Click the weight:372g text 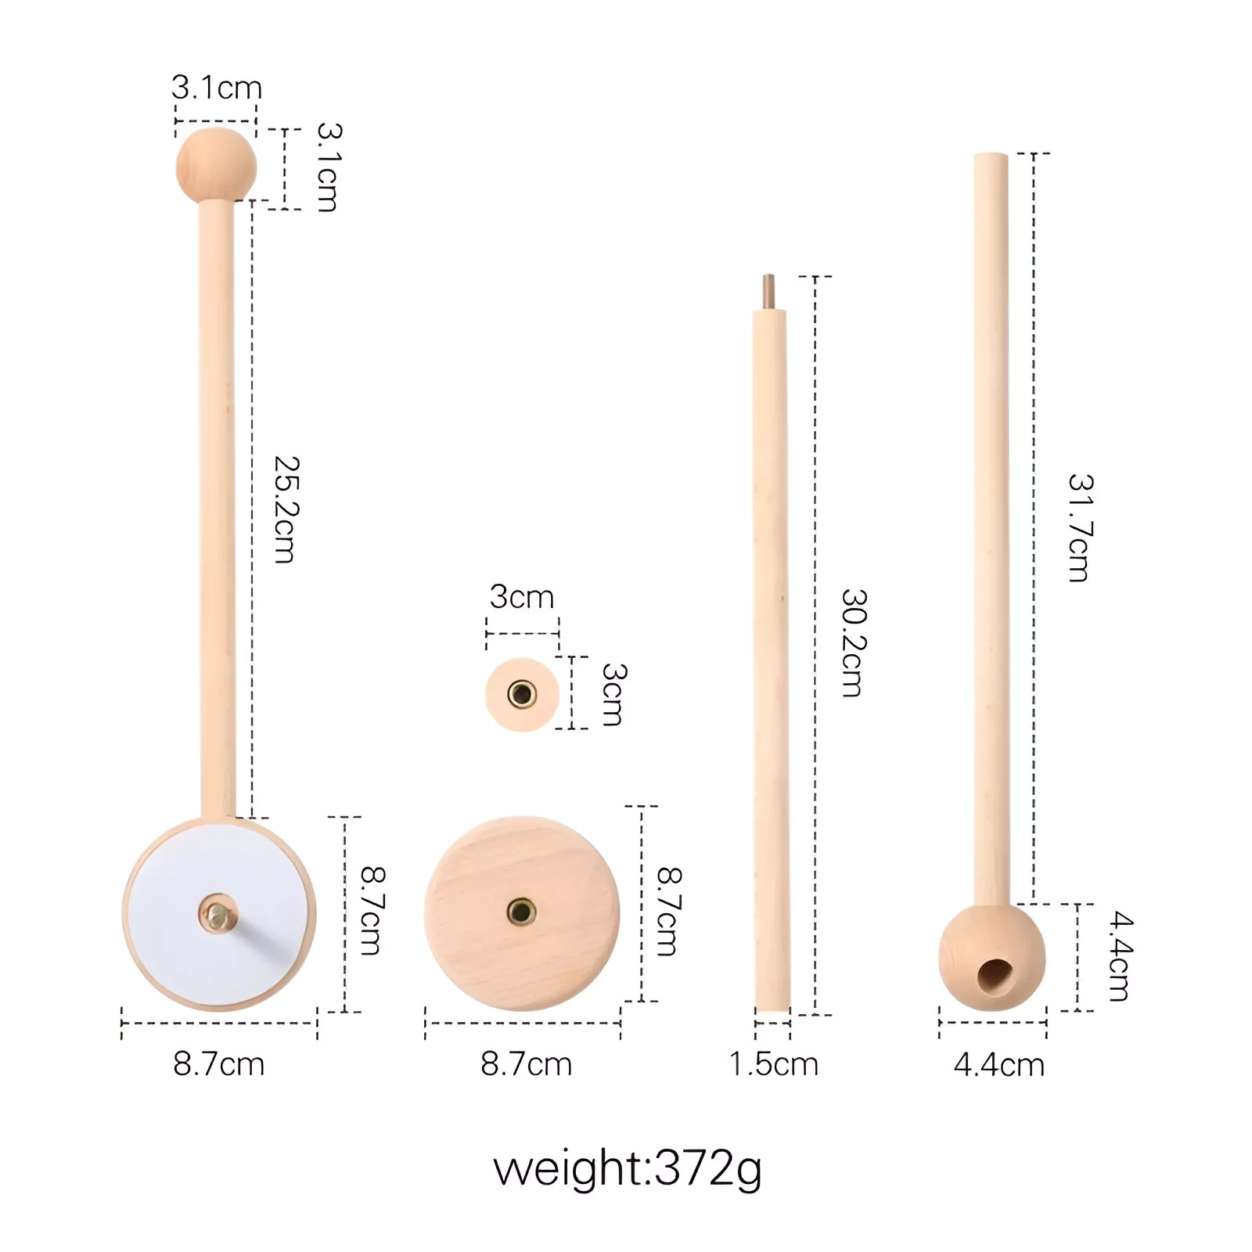[628, 1169]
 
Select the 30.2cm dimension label [854, 642]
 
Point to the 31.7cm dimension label [1081, 528]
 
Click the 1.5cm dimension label [774, 1064]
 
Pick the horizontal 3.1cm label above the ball [217, 88]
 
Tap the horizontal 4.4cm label [999, 1065]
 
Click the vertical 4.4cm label [1121, 956]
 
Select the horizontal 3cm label [522, 597]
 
